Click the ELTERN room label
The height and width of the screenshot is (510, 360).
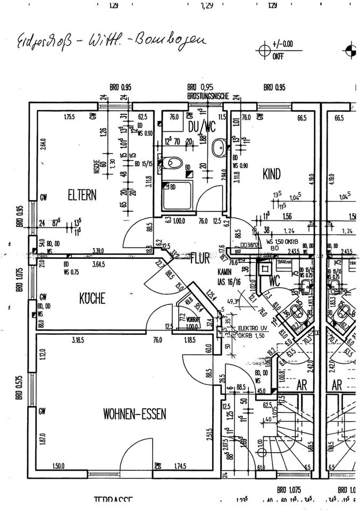pyautogui.click(x=82, y=195)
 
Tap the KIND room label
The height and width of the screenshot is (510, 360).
pyautogui.click(x=271, y=173)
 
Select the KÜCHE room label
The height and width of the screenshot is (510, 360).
pyautogui.click(x=92, y=299)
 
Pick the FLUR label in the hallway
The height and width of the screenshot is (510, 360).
pyautogui.click(x=200, y=259)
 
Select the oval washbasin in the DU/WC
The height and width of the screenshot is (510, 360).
pyautogui.click(x=219, y=147)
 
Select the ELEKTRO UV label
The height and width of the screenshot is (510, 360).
pyautogui.click(x=252, y=328)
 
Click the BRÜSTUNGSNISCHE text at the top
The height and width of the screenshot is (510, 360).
pyautogui.click(x=208, y=96)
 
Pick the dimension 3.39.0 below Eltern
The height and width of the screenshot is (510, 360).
pyautogui.click(x=97, y=251)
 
